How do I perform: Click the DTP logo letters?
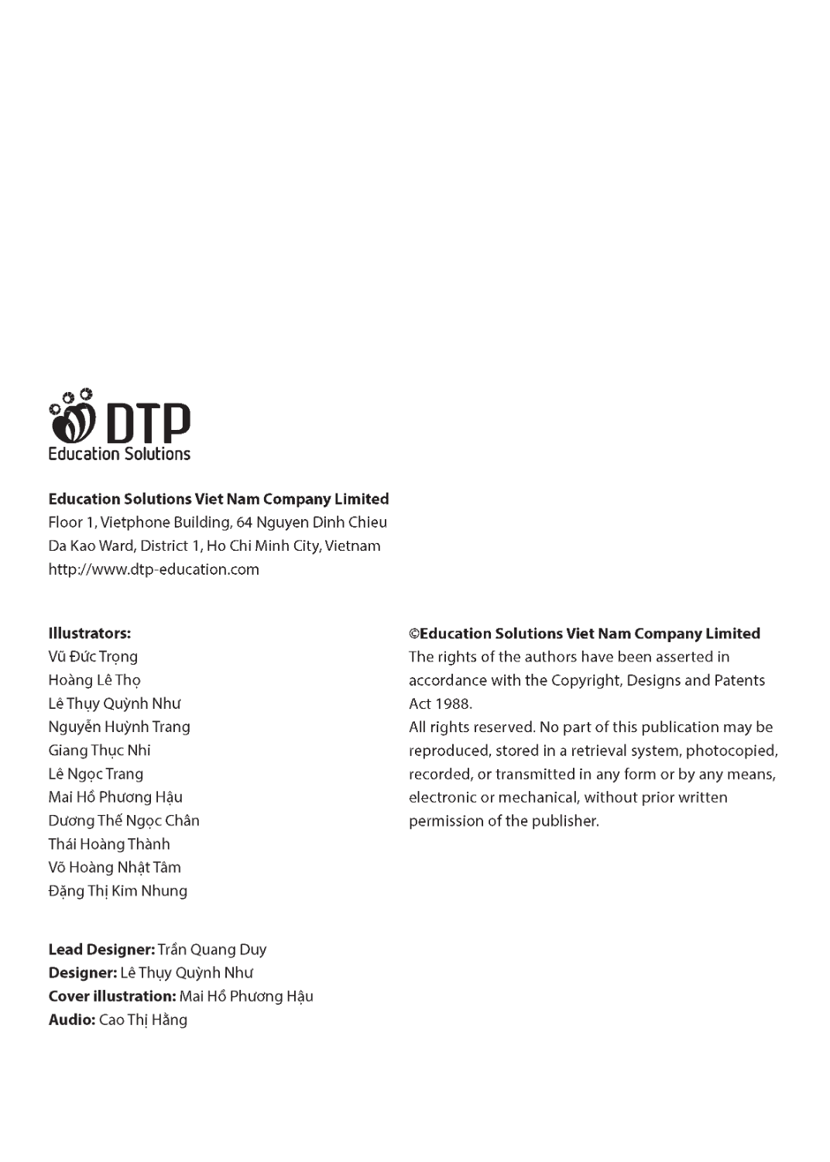(x=147, y=423)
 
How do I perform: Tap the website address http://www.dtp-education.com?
(x=153, y=569)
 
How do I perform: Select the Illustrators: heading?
(x=89, y=633)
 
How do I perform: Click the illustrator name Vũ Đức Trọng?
(x=93, y=657)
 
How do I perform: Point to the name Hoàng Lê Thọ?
(x=94, y=680)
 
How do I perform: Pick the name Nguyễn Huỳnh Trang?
(x=119, y=727)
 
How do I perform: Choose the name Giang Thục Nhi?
(x=99, y=750)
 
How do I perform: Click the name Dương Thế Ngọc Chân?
(x=124, y=820)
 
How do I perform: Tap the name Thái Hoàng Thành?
(x=109, y=844)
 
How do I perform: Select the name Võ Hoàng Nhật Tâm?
(x=115, y=868)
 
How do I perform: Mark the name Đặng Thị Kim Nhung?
(x=118, y=891)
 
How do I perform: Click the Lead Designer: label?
(x=101, y=950)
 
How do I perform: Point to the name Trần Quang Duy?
(x=212, y=950)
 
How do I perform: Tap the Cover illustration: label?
(x=112, y=996)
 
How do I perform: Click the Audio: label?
(x=72, y=1020)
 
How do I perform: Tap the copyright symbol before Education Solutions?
(x=414, y=634)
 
